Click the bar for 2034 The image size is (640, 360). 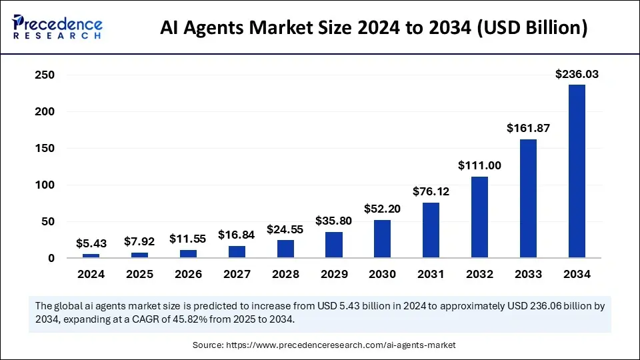[x=577, y=171]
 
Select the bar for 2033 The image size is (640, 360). [x=528, y=199]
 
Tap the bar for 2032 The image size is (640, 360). [x=479, y=217]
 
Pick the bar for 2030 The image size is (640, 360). [x=382, y=239]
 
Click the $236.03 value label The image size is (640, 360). [x=577, y=75]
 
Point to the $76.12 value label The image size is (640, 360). [x=431, y=192]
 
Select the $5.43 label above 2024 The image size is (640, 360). [x=91, y=243]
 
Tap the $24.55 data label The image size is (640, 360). [x=285, y=229]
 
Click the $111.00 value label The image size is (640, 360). [x=479, y=166]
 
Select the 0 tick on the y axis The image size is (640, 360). [x=50, y=258]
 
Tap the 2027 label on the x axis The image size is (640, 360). [x=237, y=274]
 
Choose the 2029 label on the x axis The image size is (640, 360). [x=333, y=274]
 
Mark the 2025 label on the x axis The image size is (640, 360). [x=139, y=274]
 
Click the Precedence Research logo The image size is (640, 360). [x=57, y=27]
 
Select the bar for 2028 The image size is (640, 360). [x=285, y=249]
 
